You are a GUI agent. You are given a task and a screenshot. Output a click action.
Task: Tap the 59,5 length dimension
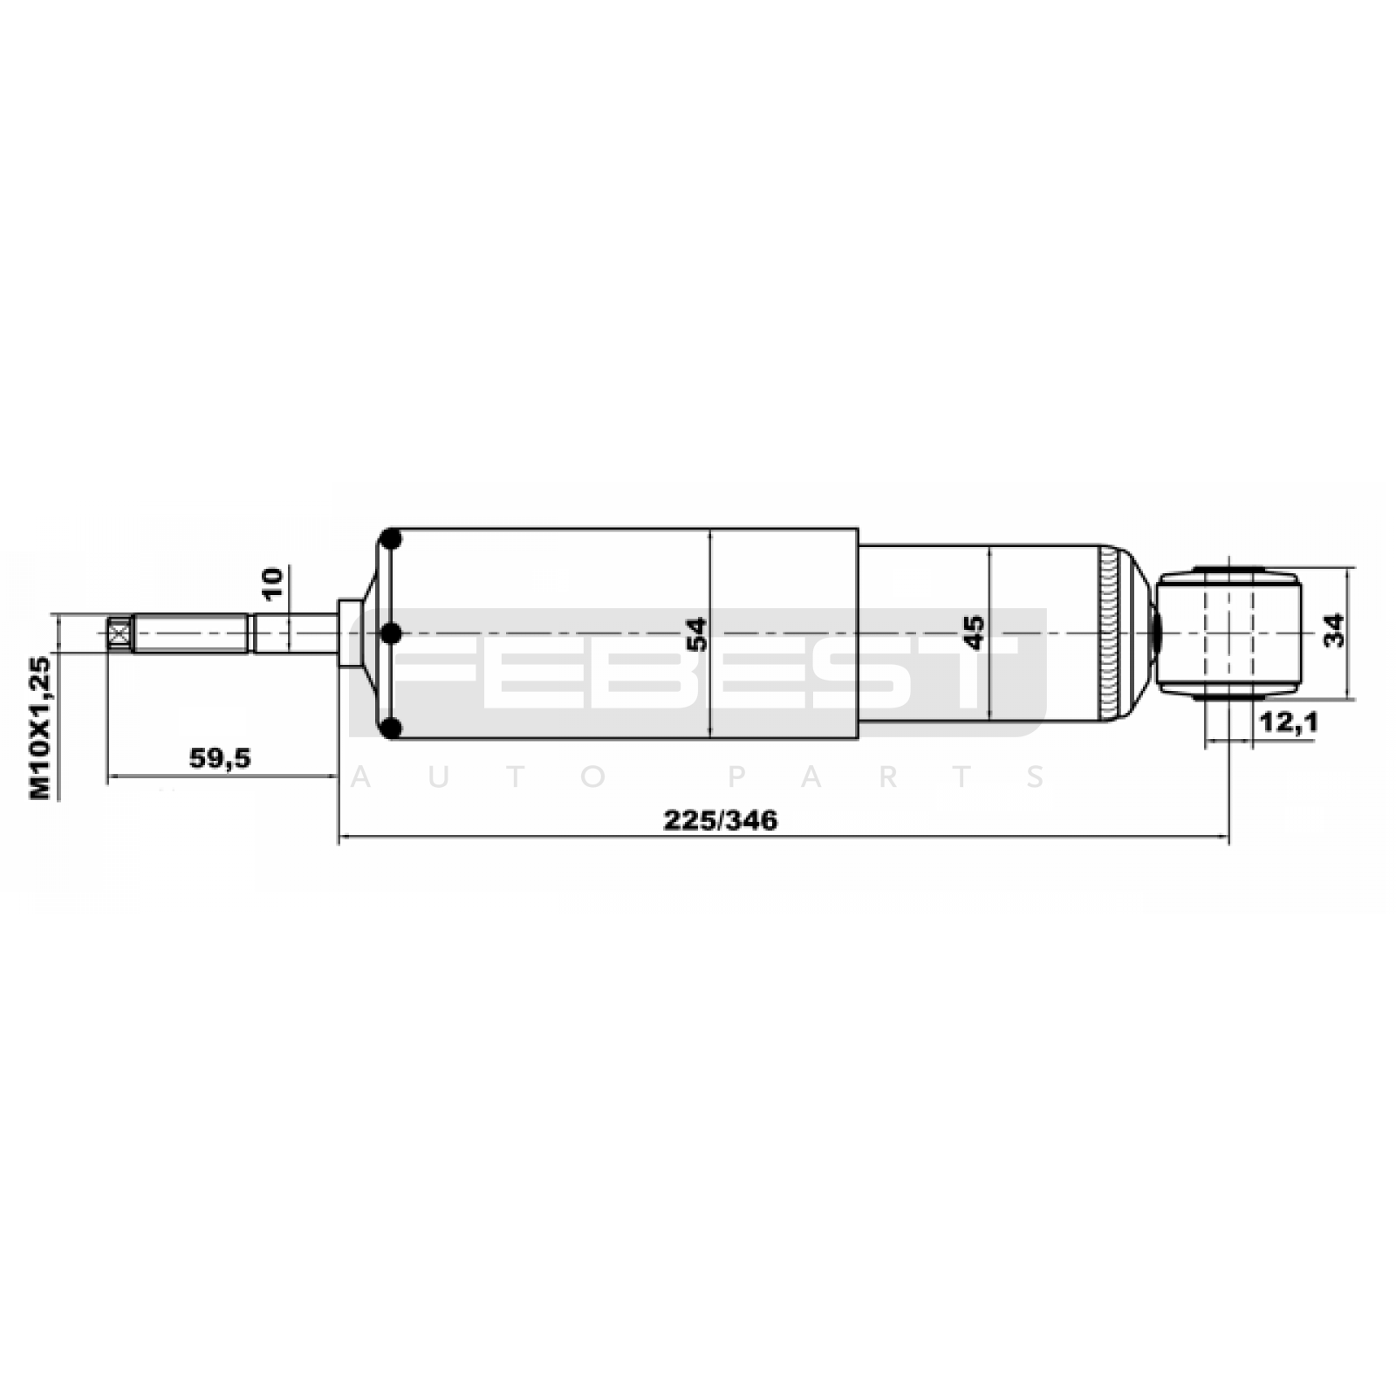point(220,758)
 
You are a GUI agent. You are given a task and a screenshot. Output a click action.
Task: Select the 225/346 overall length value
point(720,820)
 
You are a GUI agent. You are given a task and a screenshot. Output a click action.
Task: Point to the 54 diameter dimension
point(696,634)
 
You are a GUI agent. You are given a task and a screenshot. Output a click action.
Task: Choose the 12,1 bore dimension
point(1287,722)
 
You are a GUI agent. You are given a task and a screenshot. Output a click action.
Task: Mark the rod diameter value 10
point(272,583)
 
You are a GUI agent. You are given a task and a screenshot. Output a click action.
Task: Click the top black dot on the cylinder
point(392,539)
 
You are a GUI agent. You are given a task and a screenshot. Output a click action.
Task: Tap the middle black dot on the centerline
point(392,633)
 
